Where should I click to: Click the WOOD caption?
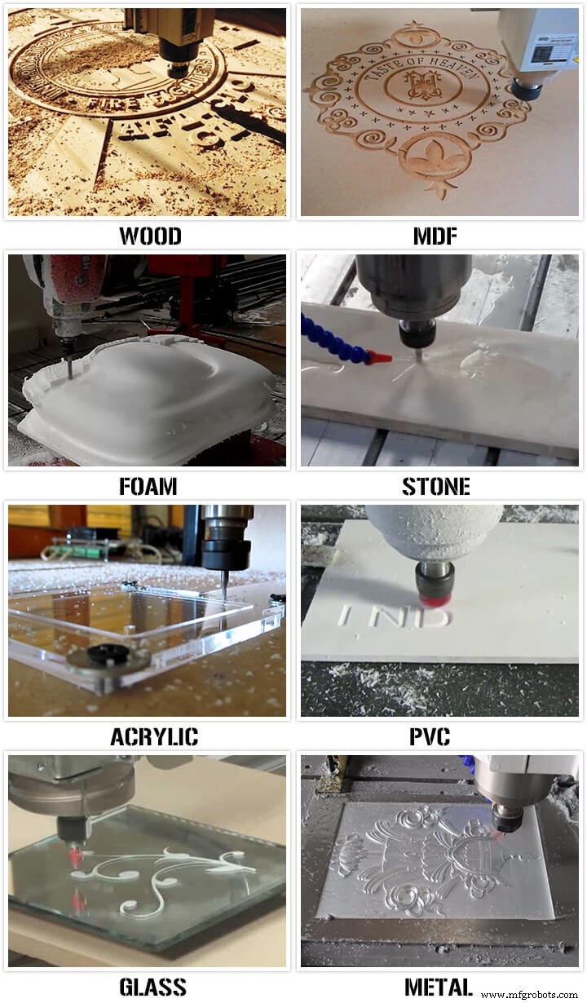coord(150,236)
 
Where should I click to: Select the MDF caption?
coord(435,236)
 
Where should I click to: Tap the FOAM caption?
coord(148,487)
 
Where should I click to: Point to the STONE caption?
coord(435,487)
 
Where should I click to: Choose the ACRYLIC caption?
coord(154,737)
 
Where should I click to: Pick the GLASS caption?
coord(152,987)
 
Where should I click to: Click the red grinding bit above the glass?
coord(76,856)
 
